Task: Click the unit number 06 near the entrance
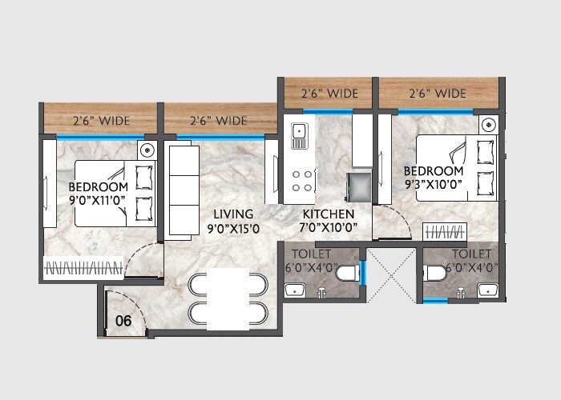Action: tap(123, 321)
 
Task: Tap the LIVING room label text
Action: tap(233, 214)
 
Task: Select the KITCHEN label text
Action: tap(329, 214)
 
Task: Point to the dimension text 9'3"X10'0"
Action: tap(434, 183)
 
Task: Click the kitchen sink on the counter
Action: tap(299, 135)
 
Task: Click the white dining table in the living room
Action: tap(229, 299)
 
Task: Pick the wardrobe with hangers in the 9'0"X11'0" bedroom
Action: tap(83, 267)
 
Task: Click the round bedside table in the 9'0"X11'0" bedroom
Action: tap(147, 150)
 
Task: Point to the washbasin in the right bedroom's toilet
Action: tap(487, 290)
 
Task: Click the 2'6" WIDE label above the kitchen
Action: tap(328, 94)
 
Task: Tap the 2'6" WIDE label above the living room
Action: tap(218, 121)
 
